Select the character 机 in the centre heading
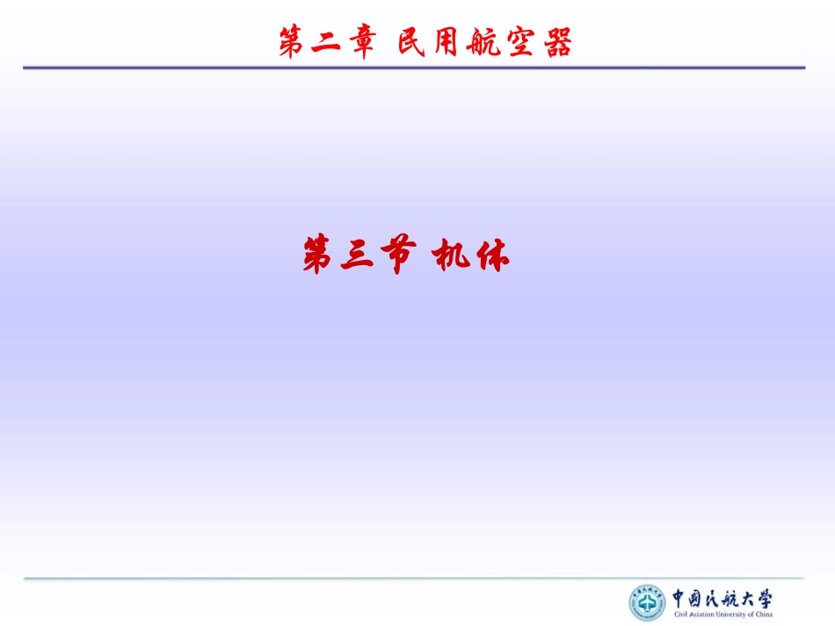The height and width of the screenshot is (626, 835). [452, 256]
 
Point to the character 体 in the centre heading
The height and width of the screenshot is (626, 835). [490, 256]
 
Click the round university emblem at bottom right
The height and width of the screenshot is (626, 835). [648, 603]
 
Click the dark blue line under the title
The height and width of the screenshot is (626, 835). [413, 68]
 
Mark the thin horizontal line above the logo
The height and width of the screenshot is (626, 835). [413, 578]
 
